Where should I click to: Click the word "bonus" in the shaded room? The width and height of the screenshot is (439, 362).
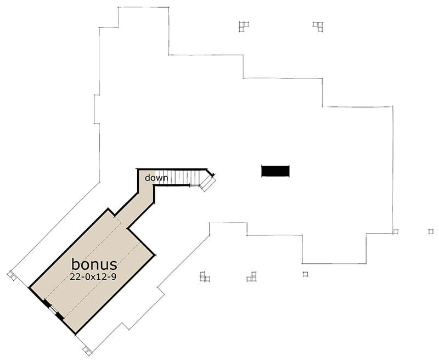[94, 264]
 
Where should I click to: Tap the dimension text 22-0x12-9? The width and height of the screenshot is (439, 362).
[93, 277]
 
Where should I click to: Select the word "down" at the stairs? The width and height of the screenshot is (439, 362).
[156, 178]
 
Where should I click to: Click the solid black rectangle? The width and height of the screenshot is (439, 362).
[275, 171]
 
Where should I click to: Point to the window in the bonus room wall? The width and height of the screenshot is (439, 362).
[53, 309]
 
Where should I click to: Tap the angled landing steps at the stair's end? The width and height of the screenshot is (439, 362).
[207, 183]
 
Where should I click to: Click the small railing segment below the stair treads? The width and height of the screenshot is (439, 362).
[194, 185]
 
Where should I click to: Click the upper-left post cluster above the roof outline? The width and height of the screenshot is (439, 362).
[244, 26]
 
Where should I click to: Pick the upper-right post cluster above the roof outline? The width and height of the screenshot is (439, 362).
[318, 27]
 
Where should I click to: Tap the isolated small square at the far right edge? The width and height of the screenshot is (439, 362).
[431, 231]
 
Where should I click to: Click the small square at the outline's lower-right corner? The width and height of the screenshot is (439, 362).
[395, 231]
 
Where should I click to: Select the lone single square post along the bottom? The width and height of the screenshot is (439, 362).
[305, 274]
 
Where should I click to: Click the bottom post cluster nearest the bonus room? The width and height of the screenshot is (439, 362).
[205, 276]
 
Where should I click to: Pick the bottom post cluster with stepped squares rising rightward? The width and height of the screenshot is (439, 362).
[252, 276]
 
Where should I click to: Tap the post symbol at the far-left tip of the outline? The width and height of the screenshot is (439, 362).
[12, 275]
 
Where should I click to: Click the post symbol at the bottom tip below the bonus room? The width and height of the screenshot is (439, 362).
[87, 351]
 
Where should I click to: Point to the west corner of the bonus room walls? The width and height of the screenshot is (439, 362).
[30, 287]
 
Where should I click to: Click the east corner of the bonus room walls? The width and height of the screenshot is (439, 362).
[155, 255]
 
